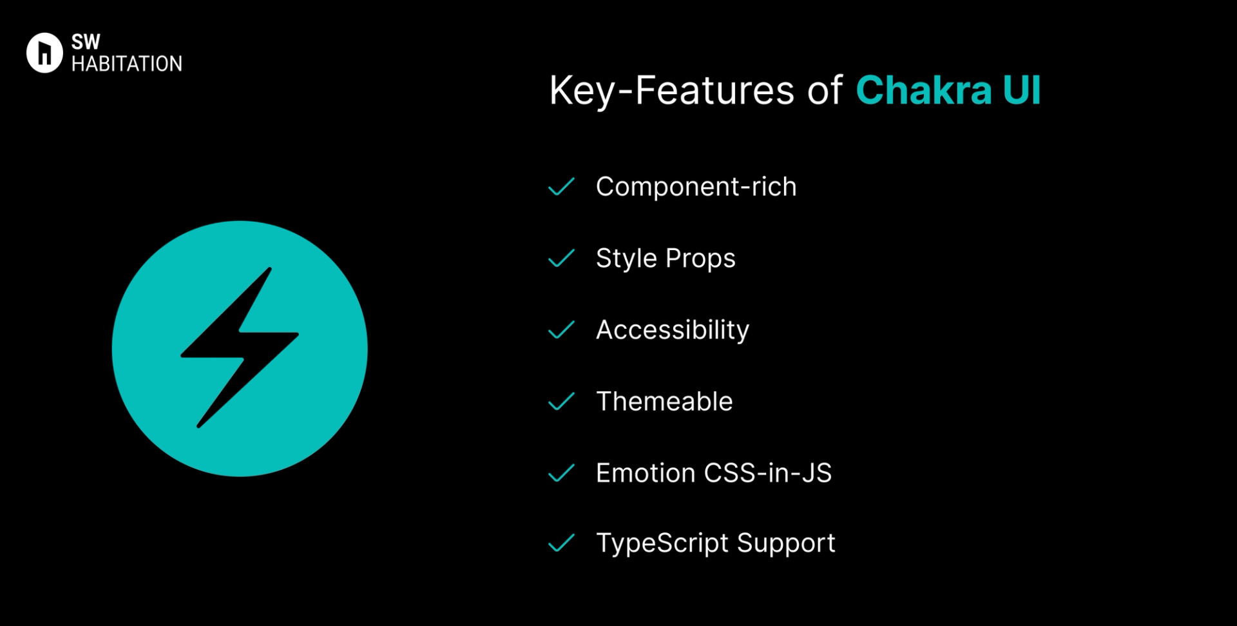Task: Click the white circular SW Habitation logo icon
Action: (44, 53)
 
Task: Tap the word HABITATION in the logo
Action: (127, 64)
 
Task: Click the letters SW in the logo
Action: (86, 42)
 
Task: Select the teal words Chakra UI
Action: (948, 90)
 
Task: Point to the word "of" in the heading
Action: (825, 90)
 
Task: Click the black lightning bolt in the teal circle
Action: (240, 347)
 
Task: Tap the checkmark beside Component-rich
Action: (561, 187)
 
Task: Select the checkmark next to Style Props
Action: (561, 259)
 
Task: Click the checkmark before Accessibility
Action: (561, 330)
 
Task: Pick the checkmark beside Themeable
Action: (561, 402)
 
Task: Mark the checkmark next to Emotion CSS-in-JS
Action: (561, 473)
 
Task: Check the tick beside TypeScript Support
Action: (561, 543)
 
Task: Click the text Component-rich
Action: (696, 188)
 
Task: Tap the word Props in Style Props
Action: (700, 259)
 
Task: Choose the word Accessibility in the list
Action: (673, 331)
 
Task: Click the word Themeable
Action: (664, 402)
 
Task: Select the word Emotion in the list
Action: (646, 473)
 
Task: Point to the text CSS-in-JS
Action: (768, 473)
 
